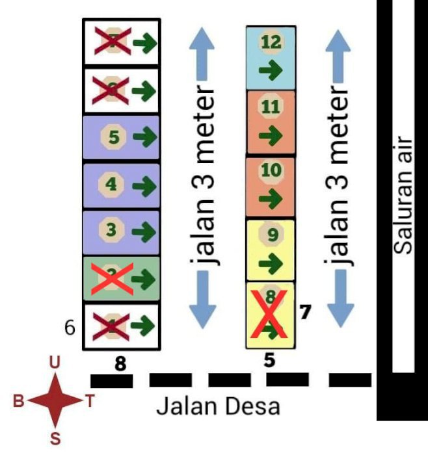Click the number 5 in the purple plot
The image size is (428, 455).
coord(113,138)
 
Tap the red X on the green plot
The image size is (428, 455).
coord(112,278)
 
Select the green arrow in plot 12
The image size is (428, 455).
coord(270,70)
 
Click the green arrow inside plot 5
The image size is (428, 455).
coord(144,138)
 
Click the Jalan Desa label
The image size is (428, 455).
coord(219,407)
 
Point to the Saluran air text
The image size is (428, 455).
coord(404,195)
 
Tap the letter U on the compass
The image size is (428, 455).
coord(56,363)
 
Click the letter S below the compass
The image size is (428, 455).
coord(55,438)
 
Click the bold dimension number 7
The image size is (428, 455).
coord(304,312)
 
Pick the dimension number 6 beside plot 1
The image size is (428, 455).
coord(71,328)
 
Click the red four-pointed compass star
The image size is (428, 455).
coord(55,400)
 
